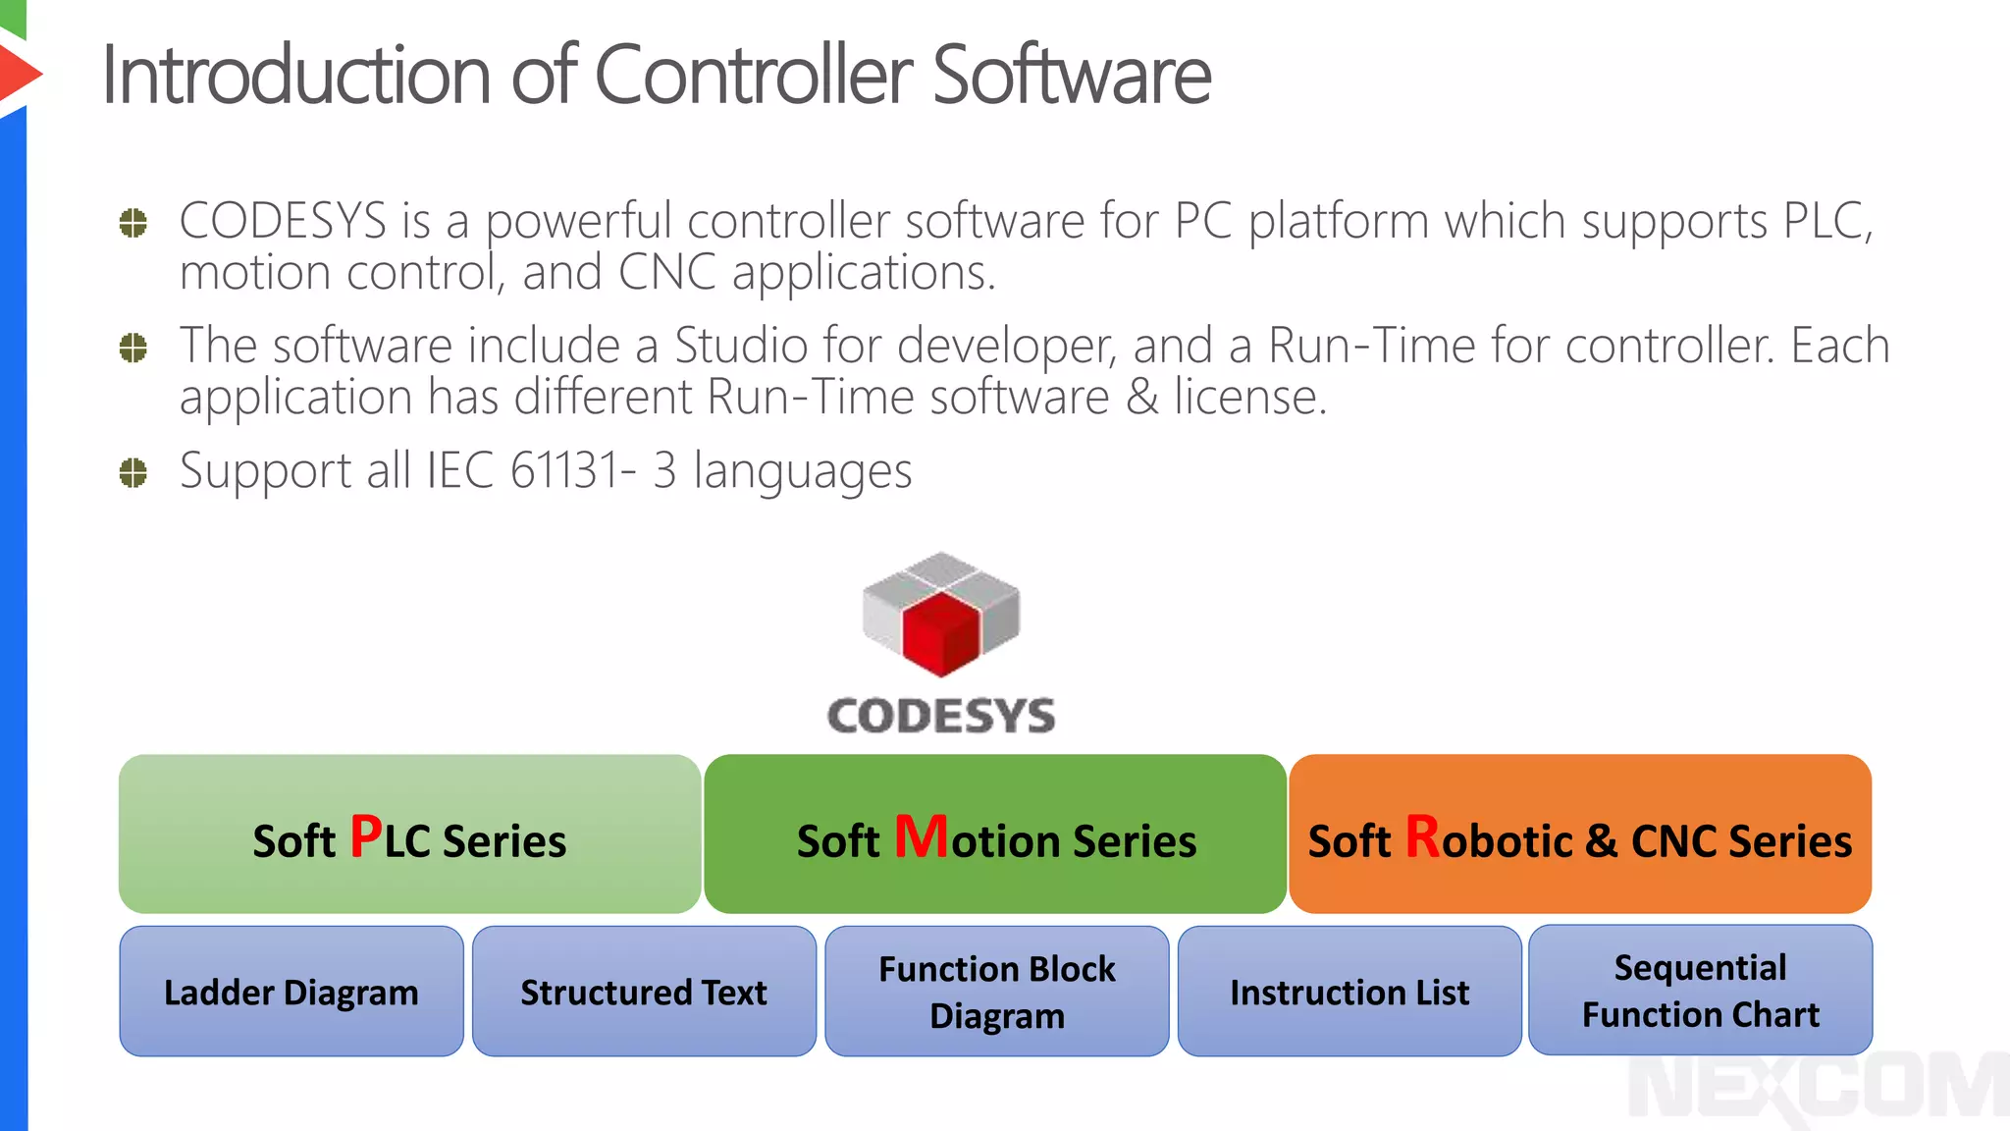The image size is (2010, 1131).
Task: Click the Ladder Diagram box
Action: coord(291,992)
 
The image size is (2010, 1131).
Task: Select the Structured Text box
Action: coord(644,992)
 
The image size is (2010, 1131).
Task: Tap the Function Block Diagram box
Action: coord(997,992)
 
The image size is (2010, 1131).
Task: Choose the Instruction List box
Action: coord(1349,992)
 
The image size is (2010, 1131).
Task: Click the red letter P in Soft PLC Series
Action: coord(366,837)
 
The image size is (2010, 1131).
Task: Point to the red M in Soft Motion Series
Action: coord(921,837)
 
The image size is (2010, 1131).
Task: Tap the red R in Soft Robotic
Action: coord(1422,837)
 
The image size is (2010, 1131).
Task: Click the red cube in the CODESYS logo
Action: coord(941,633)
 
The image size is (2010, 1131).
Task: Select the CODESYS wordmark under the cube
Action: coord(941,716)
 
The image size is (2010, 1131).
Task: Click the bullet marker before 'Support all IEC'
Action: coord(132,473)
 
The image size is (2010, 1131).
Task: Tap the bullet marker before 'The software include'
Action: coord(132,348)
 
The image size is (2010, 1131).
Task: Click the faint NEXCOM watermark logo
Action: coord(1816,1088)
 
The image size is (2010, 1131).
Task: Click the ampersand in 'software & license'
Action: coord(1141,398)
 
